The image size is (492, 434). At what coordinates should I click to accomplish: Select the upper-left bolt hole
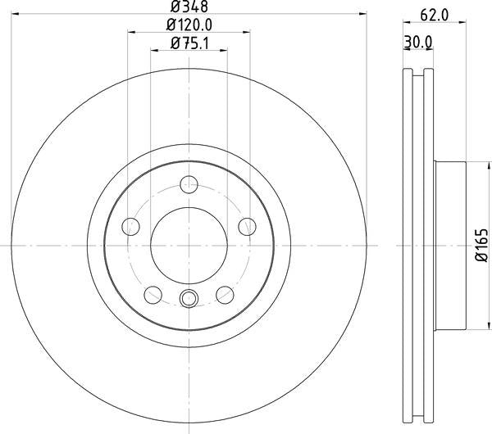(130, 225)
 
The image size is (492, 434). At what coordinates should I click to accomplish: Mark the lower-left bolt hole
(152, 295)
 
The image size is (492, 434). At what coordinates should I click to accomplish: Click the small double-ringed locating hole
(189, 298)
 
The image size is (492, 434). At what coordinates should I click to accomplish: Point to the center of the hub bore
(189, 245)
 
